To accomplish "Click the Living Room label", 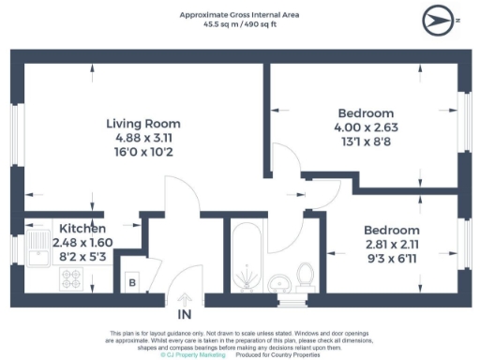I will [x=142, y=124].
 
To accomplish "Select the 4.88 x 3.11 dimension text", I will [x=142, y=138].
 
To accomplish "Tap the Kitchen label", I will [x=82, y=229].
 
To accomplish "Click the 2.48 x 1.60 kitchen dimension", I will [x=82, y=242].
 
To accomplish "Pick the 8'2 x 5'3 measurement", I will [x=82, y=255].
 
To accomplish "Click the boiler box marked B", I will [x=132, y=281].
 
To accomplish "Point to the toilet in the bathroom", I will [x=305, y=276].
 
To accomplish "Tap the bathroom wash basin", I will [x=277, y=283].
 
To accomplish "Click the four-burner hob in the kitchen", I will [x=72, y=278].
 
